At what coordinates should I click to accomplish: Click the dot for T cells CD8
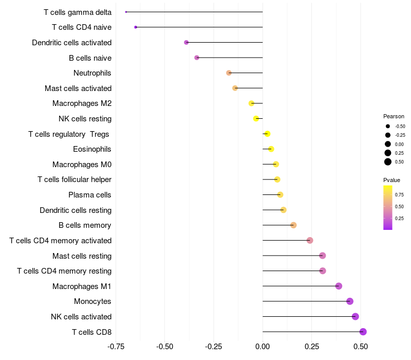pos(363,332)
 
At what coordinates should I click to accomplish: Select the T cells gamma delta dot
pos(126,12)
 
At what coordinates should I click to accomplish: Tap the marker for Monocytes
pos(350,301)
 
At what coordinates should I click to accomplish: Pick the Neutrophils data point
pos(229,73)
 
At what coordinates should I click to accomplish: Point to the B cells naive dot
pos(197,58)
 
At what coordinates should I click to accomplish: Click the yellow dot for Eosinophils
pos(271,149)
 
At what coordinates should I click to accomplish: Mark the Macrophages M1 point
pos(339,286)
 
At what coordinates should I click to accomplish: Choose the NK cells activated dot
pos(356,316)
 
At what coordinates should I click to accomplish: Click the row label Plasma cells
pos(90,195)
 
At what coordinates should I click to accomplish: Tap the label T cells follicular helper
pos(74,179)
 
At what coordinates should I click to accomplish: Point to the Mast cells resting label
pos(82,256)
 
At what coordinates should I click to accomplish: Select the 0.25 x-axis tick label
pos(312,347)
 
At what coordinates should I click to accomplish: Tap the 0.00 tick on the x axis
pos(263,347)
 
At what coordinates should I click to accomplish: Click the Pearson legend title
pos(394,116)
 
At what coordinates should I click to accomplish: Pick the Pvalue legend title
pos(391,180)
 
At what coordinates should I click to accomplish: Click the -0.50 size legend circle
pos(388,126)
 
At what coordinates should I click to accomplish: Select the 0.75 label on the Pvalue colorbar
pos(399,194)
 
